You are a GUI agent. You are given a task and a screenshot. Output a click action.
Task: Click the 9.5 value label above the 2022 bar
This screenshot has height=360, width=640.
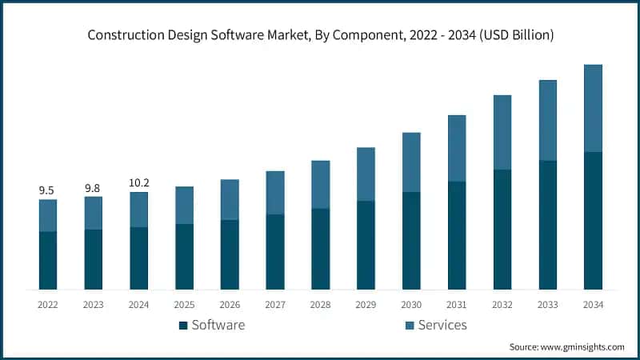click(x=47, y=190)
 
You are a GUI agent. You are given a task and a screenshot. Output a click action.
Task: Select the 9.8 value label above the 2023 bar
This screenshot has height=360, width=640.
click(x=93, y=188)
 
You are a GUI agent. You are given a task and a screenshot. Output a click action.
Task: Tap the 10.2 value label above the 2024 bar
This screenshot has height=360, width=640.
click(x=138, y=183)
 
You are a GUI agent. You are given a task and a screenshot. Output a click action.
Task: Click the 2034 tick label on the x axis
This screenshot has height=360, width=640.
click(x=593, y=305)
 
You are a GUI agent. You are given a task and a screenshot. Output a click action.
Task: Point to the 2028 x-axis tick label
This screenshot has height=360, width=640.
click(x=320, y=305)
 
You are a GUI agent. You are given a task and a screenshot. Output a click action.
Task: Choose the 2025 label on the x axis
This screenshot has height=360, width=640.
click(x=184, y=305)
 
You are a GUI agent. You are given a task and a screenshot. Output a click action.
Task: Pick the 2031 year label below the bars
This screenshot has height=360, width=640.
click(x=457, y=305)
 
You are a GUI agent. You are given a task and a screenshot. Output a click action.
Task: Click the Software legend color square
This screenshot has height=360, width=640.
click(x=183, y=326)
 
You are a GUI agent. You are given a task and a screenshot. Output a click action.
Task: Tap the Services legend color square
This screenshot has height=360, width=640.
click(x=410, y=326)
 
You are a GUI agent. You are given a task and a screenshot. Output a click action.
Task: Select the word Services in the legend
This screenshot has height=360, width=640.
click(x=442, y=325)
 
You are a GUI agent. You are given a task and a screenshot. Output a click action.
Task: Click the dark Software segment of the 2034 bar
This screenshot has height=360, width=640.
click(x=593, y=220)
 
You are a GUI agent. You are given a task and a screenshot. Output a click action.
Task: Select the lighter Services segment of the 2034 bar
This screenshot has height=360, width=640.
click(x=593, y=108)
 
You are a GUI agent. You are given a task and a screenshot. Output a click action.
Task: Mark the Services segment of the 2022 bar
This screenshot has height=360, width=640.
click(x=48, y=215)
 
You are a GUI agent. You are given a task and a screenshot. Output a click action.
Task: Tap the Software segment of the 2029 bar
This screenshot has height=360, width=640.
click(x=366, y=245)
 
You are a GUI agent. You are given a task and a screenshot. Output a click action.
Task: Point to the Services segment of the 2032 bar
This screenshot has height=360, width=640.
click(x=502, y=132)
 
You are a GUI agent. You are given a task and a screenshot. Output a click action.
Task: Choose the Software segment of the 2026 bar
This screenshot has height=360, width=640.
click(x=230, y=254)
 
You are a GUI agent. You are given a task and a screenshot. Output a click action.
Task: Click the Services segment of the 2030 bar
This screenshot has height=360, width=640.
click(x=411, y=162)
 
